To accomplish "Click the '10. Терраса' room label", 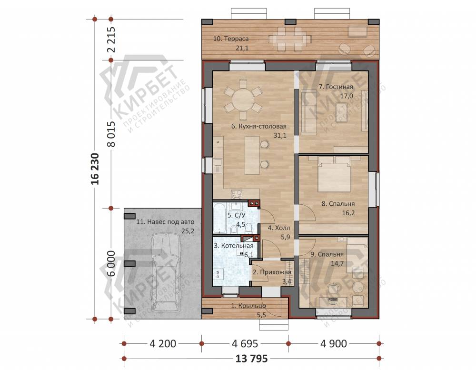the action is (x=231, y=39).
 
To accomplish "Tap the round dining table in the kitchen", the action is (x=243, y=99).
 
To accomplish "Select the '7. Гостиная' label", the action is (x=336, y=87).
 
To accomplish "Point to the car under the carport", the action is (x=166, y=272).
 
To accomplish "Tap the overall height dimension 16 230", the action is (x=95, y=169).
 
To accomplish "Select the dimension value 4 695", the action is (x=245, y=344).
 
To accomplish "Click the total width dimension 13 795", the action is (x=252, y=359).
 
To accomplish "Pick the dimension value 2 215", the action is (x=111, y=40).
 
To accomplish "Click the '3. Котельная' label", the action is (x=233, y=246).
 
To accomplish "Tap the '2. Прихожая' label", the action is (x=272, y=272).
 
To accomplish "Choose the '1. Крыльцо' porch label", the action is (x=248, y=306).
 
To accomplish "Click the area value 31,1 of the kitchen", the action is (x=280, y=136).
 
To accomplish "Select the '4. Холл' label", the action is (x=278, y=228).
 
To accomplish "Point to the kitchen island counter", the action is (x=252, y=155).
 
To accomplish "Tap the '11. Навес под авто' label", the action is (x=165, y=222).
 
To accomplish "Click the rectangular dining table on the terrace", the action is (x=289, y=39).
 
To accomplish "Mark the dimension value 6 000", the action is (x=111, y=263).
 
